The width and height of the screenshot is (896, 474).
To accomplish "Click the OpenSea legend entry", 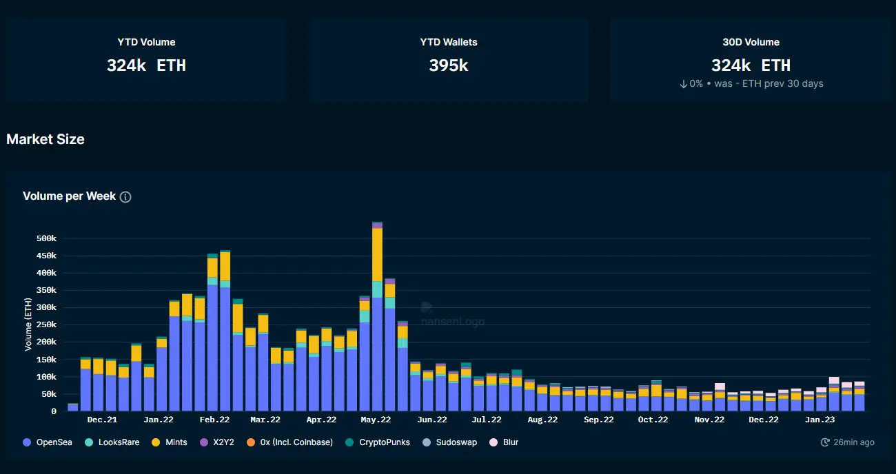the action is click(48, 442).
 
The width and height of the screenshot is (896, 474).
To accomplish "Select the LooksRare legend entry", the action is click(112, 442).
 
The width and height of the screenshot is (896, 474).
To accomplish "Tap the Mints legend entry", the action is click(170, 442).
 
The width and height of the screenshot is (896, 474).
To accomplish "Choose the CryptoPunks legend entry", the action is click(378, 442).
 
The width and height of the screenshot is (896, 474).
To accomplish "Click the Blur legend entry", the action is click(504, 442).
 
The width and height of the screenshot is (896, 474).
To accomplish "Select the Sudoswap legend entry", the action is click(450, 442).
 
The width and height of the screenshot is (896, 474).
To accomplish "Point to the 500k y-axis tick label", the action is click(46, 238).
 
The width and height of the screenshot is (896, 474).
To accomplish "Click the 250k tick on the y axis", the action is click(46, 324).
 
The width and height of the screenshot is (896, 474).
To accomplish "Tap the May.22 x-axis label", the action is click(376, 420).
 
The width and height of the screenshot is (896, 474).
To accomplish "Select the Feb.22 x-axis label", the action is click(214, 420).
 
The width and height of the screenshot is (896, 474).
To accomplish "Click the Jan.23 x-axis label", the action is click(819, 420).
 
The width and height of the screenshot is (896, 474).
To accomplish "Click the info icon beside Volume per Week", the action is click(125, 197).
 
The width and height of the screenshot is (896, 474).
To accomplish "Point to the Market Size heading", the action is click(45, 139).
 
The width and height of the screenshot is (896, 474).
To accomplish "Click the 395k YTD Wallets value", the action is click(449, 65).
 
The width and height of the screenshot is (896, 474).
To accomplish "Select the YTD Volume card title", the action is click(146, 42).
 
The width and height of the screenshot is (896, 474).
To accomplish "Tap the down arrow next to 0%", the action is click(683, 83).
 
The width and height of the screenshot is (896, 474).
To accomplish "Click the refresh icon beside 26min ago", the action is click(825, 442).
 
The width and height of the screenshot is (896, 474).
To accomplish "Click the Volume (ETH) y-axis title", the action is click(28, 324).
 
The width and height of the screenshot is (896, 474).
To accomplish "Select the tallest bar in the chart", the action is click(377, 316).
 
